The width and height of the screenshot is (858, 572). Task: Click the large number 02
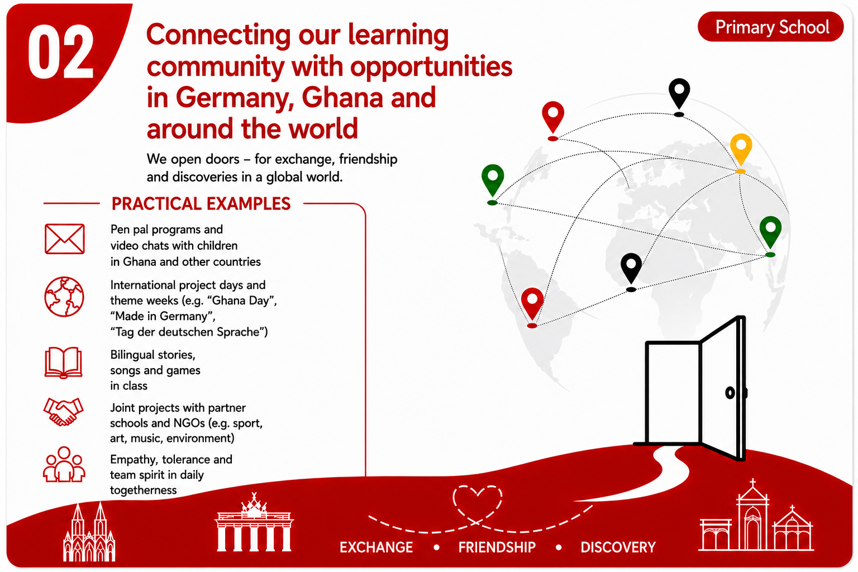pyautogui.click(x=60, y=52)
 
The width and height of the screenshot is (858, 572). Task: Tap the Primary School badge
pyautogui.click(x=771, y=27)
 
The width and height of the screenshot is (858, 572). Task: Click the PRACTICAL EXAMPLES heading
pyautogui.click(x=201, y=204)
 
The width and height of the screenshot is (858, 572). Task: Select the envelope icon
pyautogui.click(x=64, y=239)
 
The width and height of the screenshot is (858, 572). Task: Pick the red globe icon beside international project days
pyautogui.click(x=64, y=297)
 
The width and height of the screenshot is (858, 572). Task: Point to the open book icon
pyautogui.click(x=63, y=363)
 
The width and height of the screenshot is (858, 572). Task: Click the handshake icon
pyautogui.click(x=63, y=412)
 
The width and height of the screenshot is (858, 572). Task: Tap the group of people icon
pyautogui.click(x=64, y=464)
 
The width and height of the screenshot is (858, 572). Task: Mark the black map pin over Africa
pyautogui.click(x=631, y=271)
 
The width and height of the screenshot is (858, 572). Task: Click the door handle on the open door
pyautogui.click(x=731, y=393)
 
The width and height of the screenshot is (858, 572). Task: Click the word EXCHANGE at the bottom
pyautogui.click(x=376, y=547)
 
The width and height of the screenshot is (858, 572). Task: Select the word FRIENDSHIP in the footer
pyautogui.click(x=497, y=547)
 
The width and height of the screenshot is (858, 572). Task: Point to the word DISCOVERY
pyautogui.click(x=618, y=547)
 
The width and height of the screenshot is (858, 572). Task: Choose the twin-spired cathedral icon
pyautogui.click(x=89, y=532)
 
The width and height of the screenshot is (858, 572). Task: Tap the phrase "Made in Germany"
pyautogui.click(x=163, y=316)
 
